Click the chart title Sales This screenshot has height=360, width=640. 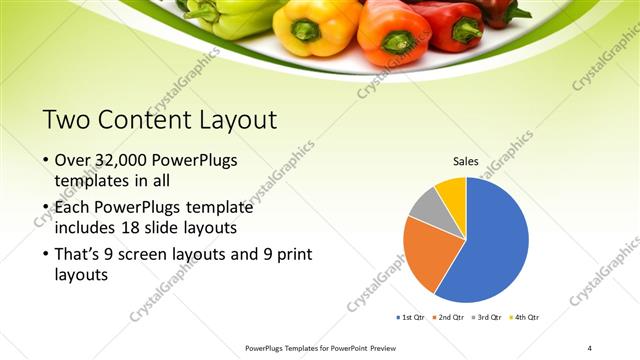tap(466, 160)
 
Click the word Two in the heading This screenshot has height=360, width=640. tap(66, 121)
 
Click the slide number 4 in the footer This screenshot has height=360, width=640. tap(589, 347)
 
